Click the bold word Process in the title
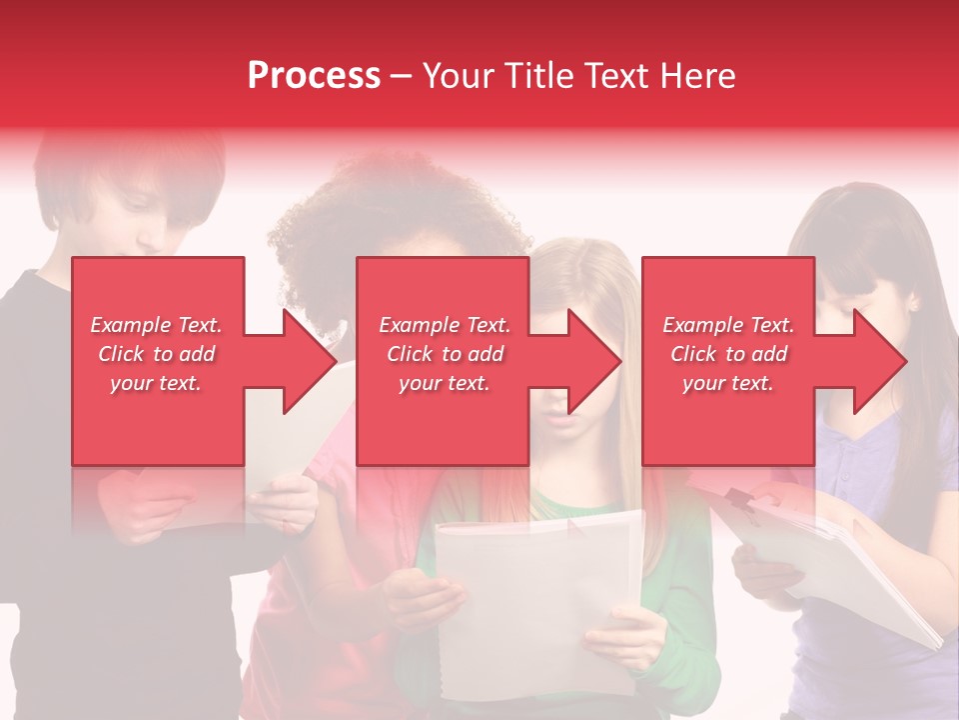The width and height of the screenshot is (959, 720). tap(314, 76)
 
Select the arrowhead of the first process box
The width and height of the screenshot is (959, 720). tap(309, 361)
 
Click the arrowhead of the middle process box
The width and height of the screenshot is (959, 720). tap(593, 361)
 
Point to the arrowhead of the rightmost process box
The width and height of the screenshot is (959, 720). tap(879, 361)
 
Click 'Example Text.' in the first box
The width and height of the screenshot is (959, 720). tap(156, 325)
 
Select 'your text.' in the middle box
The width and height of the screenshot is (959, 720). tap(444, 383)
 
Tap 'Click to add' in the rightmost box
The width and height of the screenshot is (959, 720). tap(729, 354)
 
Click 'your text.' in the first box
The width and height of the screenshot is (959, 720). tap(156, 383)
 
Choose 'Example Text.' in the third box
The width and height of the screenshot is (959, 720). tap(729, 325)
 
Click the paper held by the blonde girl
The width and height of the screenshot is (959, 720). tap(539, 600)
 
